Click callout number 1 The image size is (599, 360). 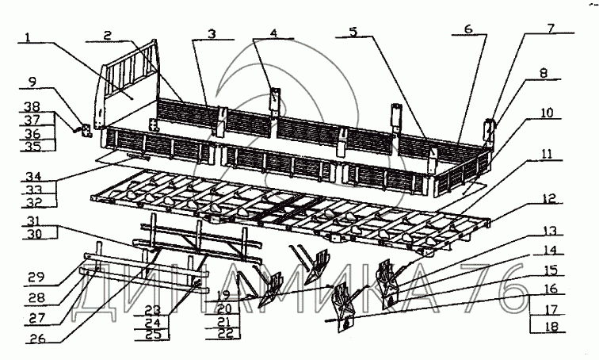coord(29,37)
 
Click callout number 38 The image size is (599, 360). coord(32,105)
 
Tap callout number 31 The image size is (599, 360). coord(32,220)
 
